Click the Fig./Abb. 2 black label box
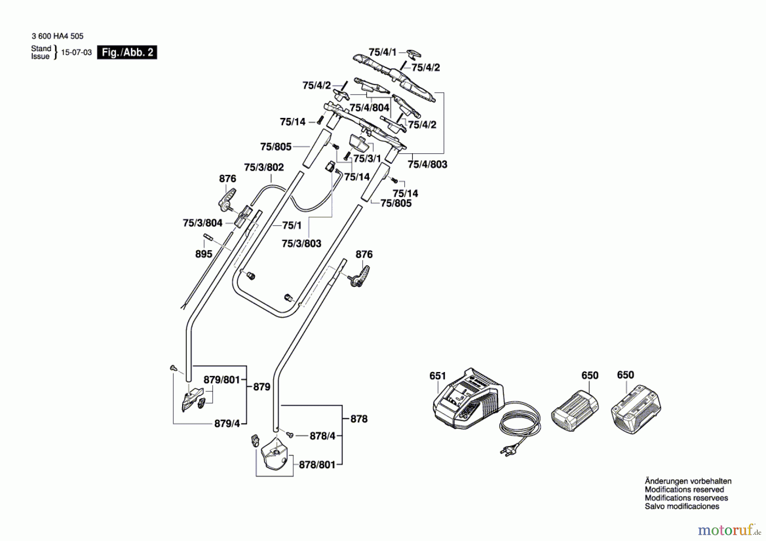127,52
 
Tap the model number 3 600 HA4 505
57,36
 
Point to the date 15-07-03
77,52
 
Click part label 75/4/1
382,52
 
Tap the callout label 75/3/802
264,167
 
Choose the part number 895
203,254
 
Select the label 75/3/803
301,243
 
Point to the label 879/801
222,380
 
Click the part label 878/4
323,436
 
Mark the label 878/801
317,465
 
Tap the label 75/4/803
427,164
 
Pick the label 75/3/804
203,223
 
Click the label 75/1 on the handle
292,225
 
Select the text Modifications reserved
684,489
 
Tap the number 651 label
437,376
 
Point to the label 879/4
227,424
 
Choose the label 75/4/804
369,108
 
